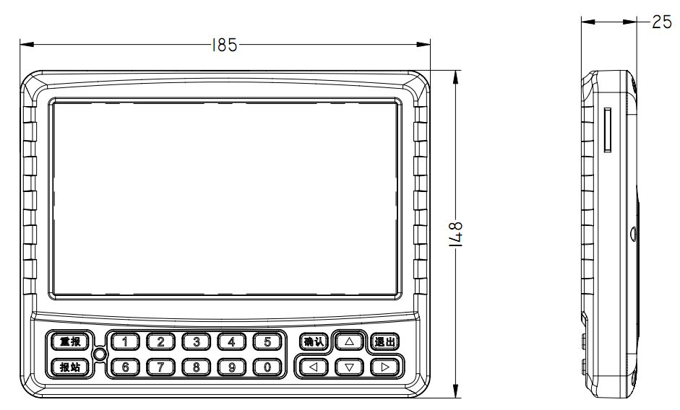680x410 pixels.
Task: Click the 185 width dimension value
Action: [x=224, y=45]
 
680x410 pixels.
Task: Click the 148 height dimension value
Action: [x=456, y=235]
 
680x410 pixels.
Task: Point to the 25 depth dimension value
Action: [x=661, y=22]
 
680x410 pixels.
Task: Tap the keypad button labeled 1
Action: [x=125, y=342]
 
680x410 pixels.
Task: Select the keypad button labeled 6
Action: [x=125, y=367]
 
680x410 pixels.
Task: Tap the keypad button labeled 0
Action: [x=267, y=367]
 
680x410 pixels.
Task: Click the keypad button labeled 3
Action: [x=196, y=342]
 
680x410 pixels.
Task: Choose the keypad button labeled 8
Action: [x=196, y=367]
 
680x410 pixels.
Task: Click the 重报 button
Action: [x=70, y=342]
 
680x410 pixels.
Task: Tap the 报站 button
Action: [x=70, y=367]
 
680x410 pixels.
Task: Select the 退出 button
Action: [x=384, y=342]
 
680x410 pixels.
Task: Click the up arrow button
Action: [x=350, y=341]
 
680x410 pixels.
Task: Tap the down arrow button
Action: [x=350, y=367]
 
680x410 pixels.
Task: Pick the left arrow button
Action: [x=314, y=367]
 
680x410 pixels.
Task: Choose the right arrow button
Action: [x=385, y=367]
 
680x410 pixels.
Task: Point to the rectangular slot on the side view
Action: [x=608, y=131]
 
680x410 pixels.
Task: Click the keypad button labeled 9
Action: [x=231, y=367]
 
